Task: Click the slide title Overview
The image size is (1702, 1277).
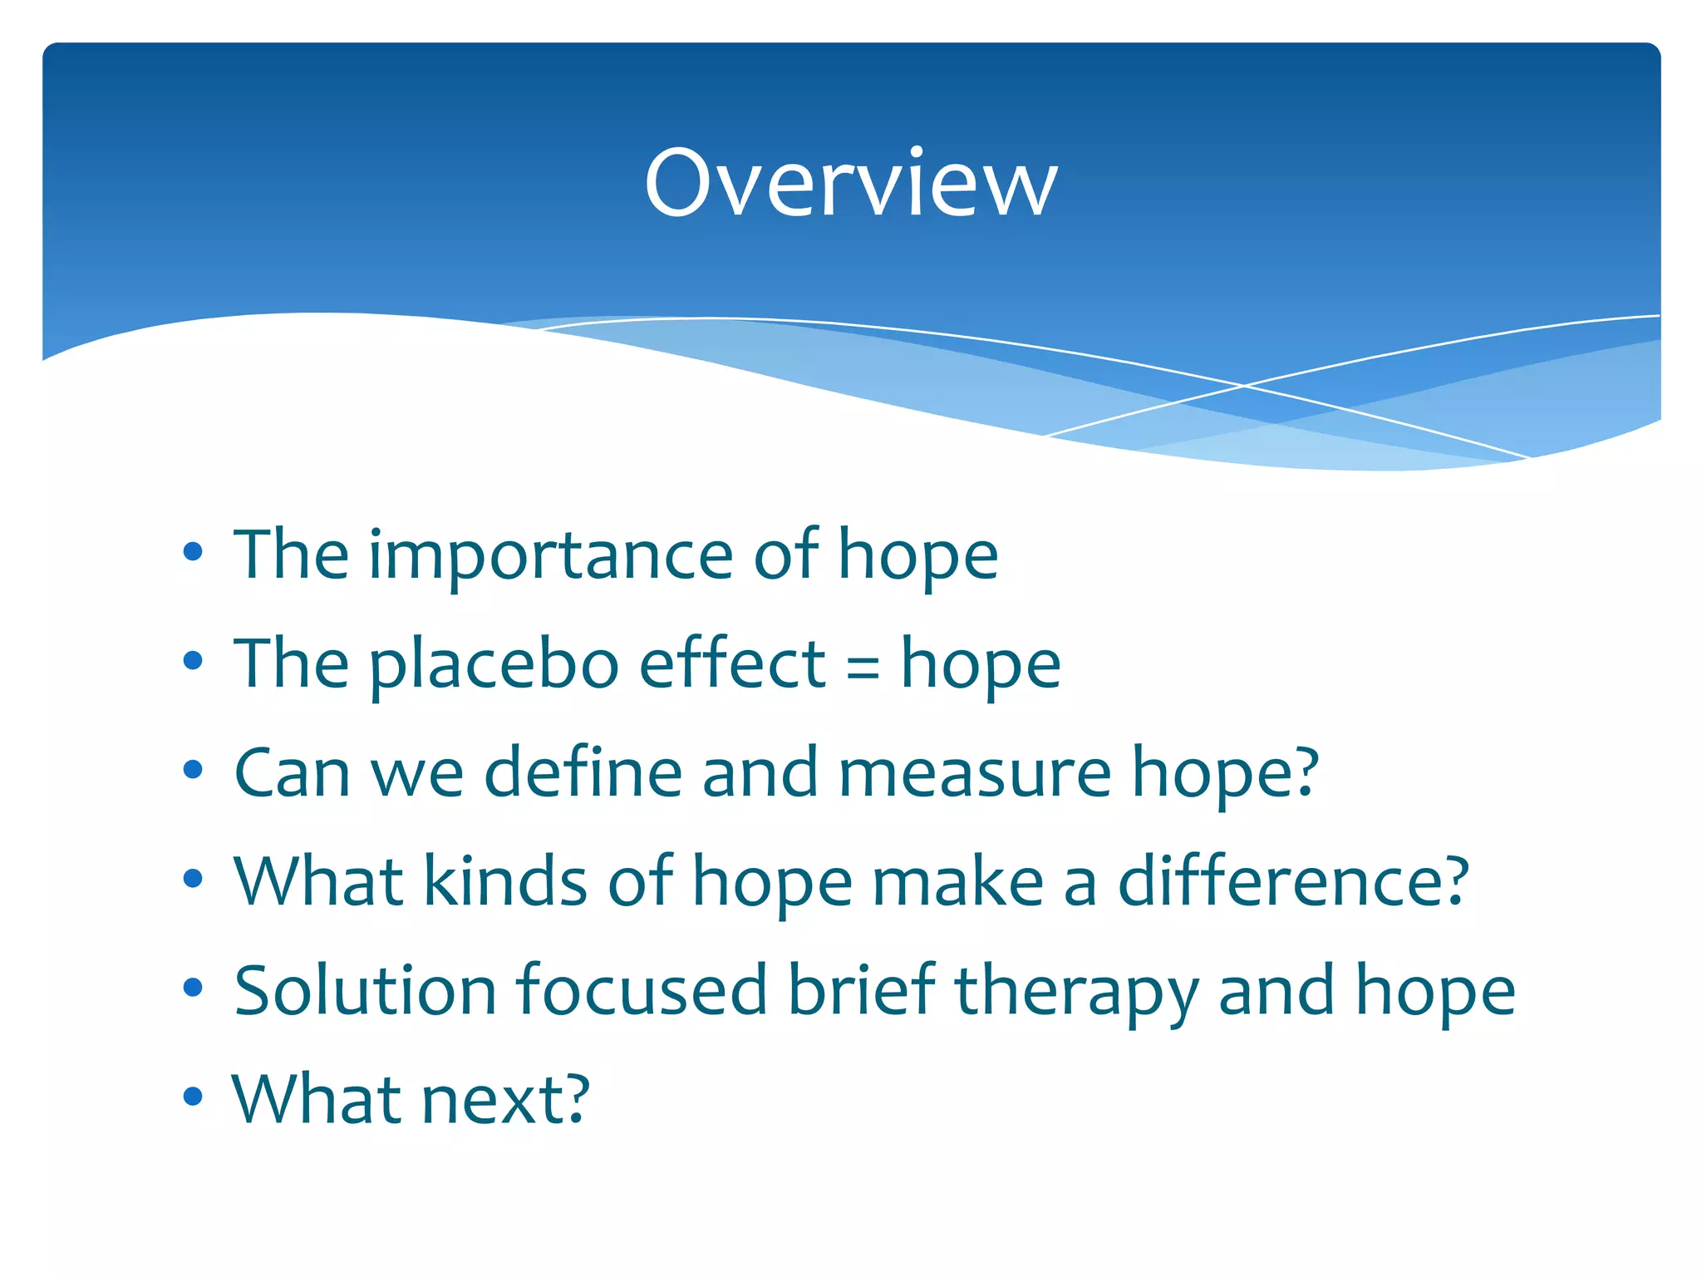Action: tap(851, 183)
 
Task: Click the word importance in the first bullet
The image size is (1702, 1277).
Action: tap(550, 555)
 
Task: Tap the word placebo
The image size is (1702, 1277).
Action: tap(494, 665)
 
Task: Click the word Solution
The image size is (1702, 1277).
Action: tap(365, 990)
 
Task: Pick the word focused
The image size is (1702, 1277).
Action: tap(641, 990)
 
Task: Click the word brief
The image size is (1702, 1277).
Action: tap(861, 990)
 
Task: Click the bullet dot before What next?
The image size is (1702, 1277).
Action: tap(193, 1097)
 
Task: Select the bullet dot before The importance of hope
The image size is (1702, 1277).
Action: tap(193, 551)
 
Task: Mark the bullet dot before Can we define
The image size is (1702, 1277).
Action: tap(193, 769)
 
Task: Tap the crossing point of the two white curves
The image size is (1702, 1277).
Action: tap(1244, 386)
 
